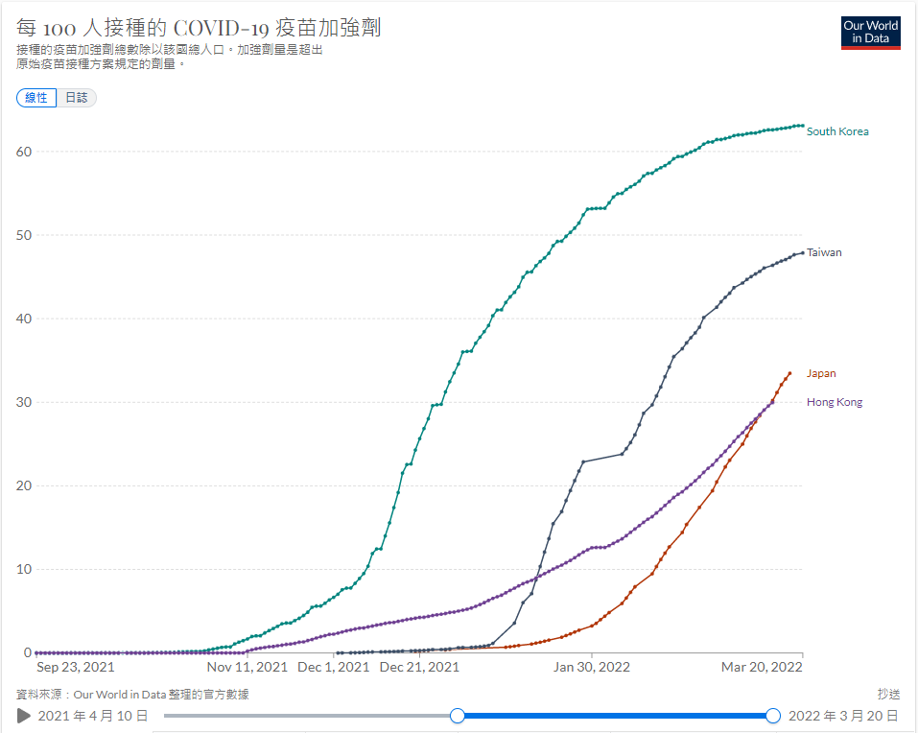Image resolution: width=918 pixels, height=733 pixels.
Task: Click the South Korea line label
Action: coord(837,131)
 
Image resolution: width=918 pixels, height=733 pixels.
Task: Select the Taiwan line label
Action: coord(824,252)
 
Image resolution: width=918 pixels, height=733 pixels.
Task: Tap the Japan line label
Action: coord(821,373)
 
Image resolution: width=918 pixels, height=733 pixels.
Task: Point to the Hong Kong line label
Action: coord(835,402)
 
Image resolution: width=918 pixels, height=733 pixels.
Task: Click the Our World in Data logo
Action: coord(870,33)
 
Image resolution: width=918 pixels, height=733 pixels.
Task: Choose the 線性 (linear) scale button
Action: coord(36,98)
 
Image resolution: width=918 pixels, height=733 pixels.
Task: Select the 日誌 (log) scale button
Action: coord(77,98)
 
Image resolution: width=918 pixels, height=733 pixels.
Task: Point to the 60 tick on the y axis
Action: coord(23,152)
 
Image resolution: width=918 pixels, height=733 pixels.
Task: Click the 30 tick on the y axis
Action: coord(23,402)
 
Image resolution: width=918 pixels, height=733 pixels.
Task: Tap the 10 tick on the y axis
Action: coord(23,569)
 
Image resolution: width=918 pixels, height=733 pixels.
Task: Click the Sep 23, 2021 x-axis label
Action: coord(76,667)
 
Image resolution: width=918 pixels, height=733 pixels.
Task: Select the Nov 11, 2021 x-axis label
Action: coord(247,667)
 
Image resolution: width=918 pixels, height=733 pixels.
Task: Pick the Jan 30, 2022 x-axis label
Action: coord(592,667)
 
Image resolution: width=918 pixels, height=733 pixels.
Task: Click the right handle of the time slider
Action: coord(773,716)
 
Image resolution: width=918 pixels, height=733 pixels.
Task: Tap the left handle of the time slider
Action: coord(458,716)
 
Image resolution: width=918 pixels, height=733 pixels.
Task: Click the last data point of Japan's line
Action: coord(789,373)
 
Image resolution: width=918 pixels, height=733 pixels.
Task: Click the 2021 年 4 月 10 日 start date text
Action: coord(93,716)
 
